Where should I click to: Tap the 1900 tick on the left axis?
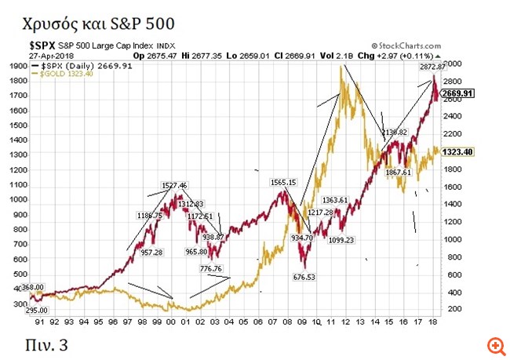16,67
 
